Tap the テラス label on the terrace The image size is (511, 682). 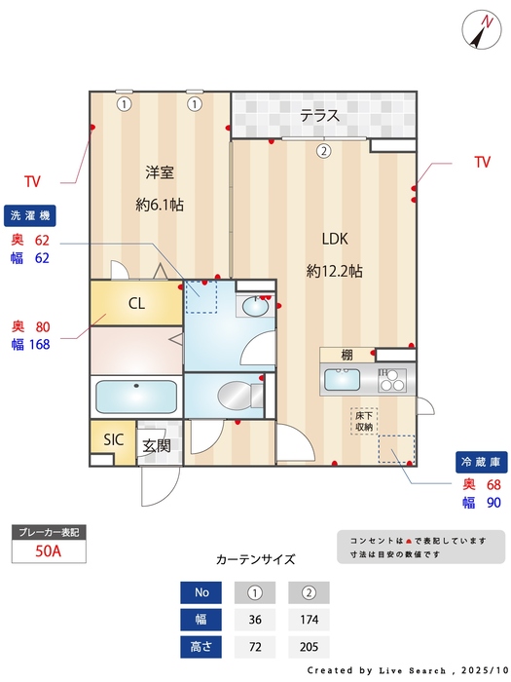click(x=319, y=116)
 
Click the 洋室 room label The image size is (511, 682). click(x=160, y=172)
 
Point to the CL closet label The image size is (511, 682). click(x=137, y=303)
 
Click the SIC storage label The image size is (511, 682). click(x=113, y=439)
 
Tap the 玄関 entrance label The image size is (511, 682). click(x=157, y=445)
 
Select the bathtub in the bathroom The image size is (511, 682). click(x=136, y=397)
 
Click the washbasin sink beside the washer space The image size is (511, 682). click(x=256, y=306)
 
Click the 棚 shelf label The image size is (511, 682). click(x=347, y=355)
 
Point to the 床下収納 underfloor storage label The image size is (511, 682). click(x=364, y=421)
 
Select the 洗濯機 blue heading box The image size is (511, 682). click(x=30, y=215)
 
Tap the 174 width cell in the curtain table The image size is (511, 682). click(x=309, y=620)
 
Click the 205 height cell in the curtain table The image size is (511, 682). click(x=309, y=647)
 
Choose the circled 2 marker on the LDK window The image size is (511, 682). click(x=323, y=151)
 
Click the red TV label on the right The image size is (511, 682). click(x=482, y=163)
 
